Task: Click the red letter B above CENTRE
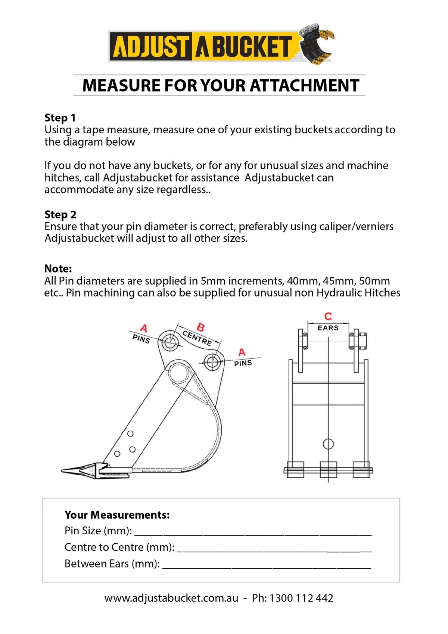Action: tap(200, 327)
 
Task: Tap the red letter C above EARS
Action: tap(328, 316)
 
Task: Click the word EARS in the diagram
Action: tap(328, 328)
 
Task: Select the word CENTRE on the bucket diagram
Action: tap(197, 338)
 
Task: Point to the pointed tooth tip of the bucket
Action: tap(64, 471)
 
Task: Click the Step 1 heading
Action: tap(60, 118)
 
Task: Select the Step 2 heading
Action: tap(60, 214)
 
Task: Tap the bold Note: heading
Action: tap(58, 268)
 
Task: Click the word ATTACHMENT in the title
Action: tap(304, 86)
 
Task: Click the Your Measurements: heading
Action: tap(117, 515)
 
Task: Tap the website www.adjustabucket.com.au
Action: tap(171, 598)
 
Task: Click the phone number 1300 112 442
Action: tap(301, 598)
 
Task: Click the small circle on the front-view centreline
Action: tap(328, 444)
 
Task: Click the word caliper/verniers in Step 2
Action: tap(355, 226)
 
